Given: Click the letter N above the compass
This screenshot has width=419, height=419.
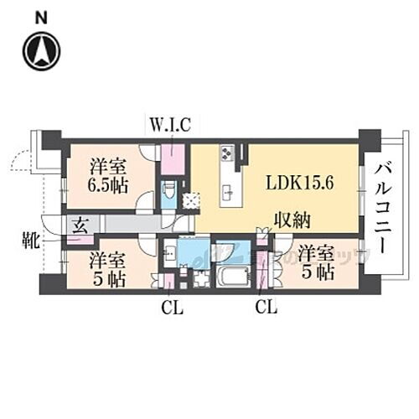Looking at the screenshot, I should click(42, 16).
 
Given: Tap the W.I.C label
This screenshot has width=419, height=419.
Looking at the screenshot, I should click(170, 126).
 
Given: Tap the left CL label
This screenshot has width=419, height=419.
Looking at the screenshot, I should click(172, 309).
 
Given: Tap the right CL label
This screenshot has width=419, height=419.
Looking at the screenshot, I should click(266, 309).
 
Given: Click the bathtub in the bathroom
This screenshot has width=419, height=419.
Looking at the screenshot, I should click(228, 276).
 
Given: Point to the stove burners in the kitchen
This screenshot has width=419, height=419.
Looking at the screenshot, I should click(228, 154).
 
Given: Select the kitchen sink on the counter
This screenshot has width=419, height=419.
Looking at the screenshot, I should click(227, 192).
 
